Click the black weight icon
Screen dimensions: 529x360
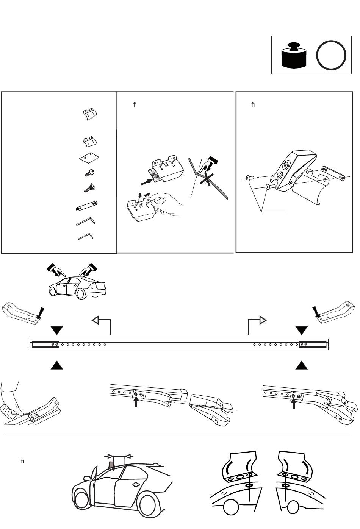click(x=294, y=56)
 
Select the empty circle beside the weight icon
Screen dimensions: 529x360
click(x=331, y=55)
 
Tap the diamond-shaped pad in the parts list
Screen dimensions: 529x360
click(x=89, y=157)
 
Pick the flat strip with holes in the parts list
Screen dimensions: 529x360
click(x=87, y=206)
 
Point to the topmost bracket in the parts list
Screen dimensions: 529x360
click(x=90, y=114)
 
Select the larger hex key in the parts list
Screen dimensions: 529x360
click(x=86, y=221)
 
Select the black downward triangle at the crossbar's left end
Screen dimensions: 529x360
click(x=57, y=330)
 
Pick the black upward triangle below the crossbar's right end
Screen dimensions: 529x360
click(x=301, y=365)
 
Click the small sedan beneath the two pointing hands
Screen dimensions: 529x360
click(x=77, y=288)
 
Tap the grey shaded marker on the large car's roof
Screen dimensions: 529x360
click(x=111, y=465)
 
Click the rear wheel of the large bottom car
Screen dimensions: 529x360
click(x=147, y=504)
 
